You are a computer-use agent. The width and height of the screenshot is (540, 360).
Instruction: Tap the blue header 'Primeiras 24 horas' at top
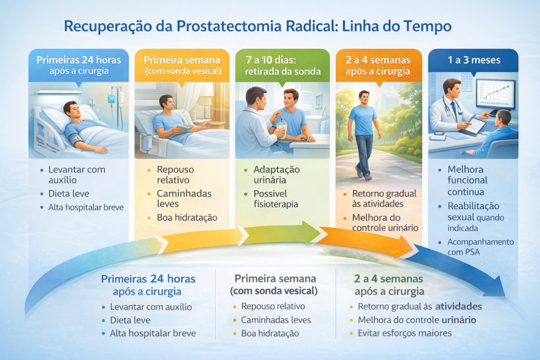[78, 60]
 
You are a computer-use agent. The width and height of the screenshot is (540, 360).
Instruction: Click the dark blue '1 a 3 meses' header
[472, 60]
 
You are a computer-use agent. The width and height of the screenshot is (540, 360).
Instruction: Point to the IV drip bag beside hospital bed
[112, 97]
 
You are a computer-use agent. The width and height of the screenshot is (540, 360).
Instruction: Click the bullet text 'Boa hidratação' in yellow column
[187, 217]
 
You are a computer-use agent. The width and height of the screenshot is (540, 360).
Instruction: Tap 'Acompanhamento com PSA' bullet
[480, 247]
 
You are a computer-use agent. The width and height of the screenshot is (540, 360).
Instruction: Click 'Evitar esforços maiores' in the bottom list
[404, 333]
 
